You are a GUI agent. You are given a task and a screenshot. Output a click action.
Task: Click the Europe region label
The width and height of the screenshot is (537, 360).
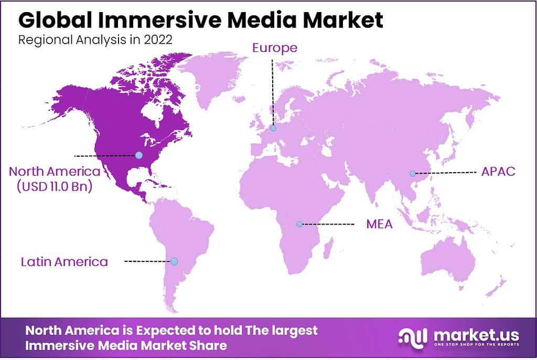(275, 48)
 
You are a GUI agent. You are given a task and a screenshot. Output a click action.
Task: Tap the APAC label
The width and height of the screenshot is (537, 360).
(498, 172)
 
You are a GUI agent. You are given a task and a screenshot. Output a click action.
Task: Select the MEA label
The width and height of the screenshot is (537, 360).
(379, 225)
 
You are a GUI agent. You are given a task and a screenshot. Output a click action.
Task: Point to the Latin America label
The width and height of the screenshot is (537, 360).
(65, 261)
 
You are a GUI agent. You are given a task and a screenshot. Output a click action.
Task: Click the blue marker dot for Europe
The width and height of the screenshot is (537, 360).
(273, 128)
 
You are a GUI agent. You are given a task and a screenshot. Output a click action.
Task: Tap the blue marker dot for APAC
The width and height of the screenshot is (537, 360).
(413, 174)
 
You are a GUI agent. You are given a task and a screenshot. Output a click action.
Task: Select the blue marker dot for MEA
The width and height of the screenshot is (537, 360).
(299, 225)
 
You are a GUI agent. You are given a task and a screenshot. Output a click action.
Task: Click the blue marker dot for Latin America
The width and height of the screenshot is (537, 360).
(174, 261)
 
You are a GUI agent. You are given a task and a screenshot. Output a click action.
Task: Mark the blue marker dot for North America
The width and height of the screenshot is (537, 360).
(138, 155)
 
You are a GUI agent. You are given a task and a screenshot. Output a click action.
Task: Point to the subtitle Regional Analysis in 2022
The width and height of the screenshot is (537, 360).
(95, 41)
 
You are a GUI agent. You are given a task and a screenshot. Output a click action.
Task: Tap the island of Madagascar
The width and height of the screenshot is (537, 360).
(328, 247)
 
